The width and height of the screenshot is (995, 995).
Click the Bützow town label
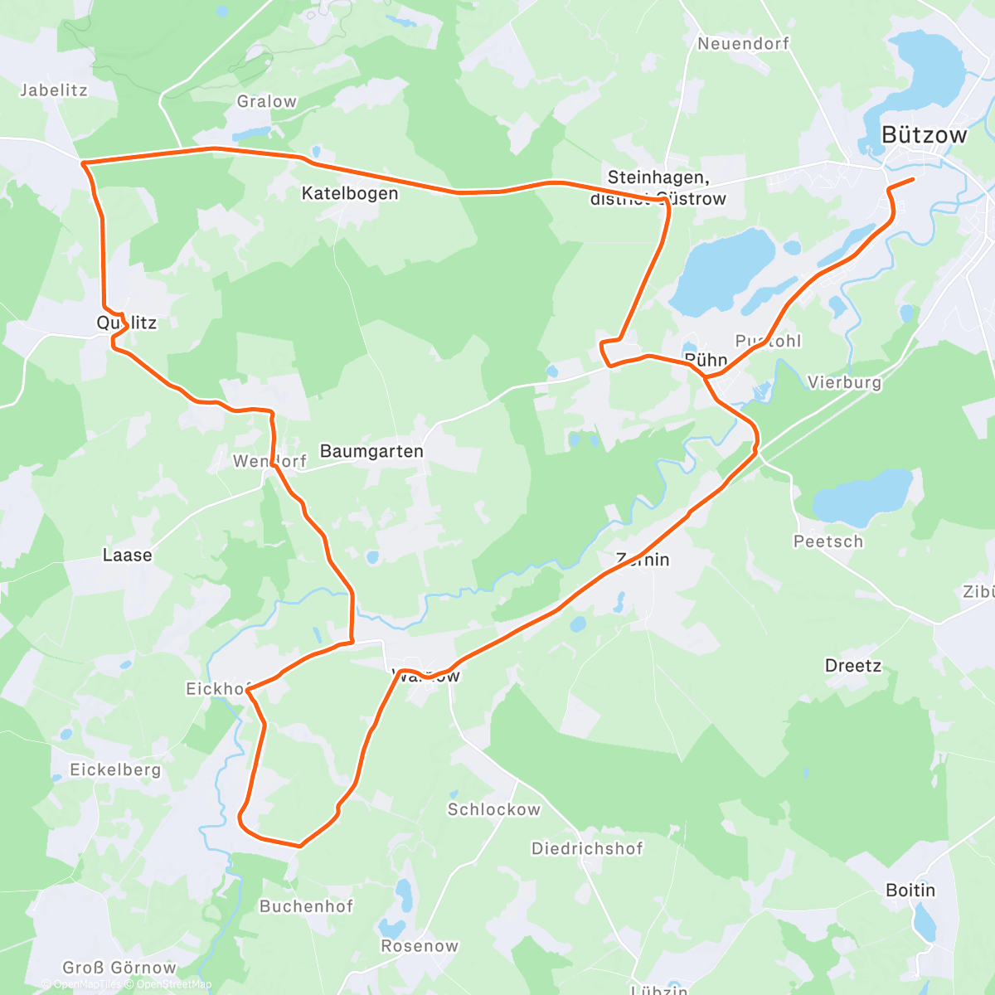tap(924, 135)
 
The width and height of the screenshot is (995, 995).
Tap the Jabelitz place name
tap(54, 90)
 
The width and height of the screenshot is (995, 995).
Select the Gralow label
tap(266, 101)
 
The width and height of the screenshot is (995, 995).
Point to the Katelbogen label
tap(349, 193)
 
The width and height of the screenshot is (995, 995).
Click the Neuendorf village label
tap(743, 43)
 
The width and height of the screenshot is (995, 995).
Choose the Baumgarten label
tap(371, 451)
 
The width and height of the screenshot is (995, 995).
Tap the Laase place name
tap(127, 555)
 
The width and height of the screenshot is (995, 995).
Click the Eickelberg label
tap(115, 769)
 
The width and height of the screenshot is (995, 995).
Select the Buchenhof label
tap(306, 906)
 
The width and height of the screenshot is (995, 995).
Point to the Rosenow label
tap(420, 946)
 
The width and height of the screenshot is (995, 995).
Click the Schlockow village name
tap(493, 809)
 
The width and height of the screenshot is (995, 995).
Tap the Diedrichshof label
tap(587, 848)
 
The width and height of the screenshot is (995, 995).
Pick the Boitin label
tap(910, 890)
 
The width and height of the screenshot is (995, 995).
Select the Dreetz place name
tap(853, 666)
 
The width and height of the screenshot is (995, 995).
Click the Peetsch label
tap(828, 541)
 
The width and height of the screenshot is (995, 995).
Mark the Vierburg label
tap(844, 382)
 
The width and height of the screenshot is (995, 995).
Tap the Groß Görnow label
tap(119, 968)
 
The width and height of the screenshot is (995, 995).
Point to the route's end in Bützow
tap(913, 179)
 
